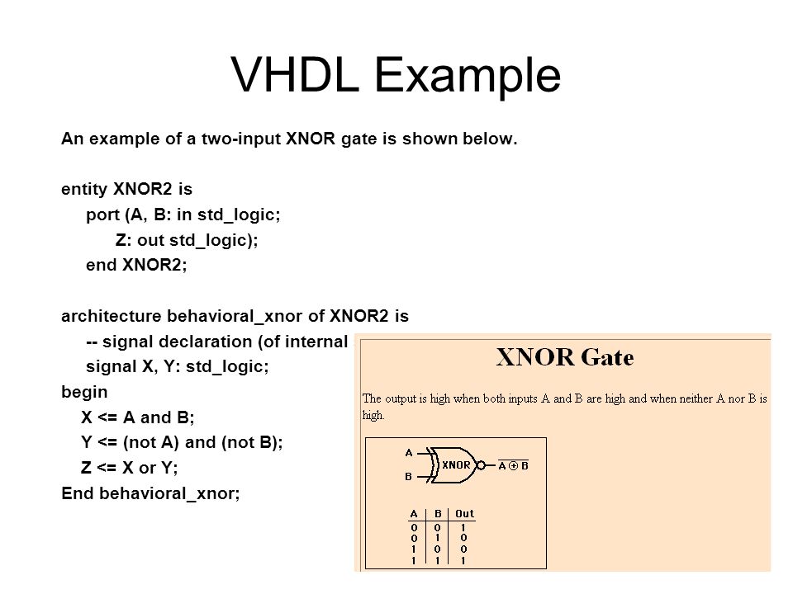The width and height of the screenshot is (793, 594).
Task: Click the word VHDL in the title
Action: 295,74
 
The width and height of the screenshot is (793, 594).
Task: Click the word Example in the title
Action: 468,78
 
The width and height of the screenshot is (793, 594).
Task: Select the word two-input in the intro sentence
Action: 241,139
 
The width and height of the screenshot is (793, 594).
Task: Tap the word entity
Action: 84,190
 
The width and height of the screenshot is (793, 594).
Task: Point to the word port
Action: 102,215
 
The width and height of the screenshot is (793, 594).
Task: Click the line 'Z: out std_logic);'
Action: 187,240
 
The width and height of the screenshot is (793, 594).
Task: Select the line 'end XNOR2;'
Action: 136,265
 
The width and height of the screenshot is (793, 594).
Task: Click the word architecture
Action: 111,316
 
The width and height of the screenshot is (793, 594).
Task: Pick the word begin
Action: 84,393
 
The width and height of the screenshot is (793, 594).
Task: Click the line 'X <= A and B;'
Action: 138,417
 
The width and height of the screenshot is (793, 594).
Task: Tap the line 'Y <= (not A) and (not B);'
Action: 182,442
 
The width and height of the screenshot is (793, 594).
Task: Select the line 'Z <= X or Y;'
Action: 130,468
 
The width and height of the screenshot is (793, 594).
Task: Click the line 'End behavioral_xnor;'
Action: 150,493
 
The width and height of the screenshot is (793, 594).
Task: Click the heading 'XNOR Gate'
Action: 564,357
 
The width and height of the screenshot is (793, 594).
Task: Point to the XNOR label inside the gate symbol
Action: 456,464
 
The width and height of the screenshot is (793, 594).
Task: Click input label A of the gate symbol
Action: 409,453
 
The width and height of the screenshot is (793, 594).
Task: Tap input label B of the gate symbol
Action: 408,476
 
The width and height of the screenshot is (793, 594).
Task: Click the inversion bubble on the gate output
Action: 481,465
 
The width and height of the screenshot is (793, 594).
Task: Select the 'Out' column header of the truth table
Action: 464,514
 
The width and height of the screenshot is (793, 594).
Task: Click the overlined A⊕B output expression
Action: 513,465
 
